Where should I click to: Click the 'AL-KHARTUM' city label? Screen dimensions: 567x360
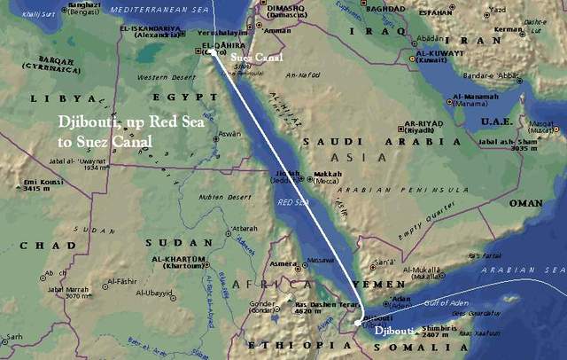[x=178, y=260]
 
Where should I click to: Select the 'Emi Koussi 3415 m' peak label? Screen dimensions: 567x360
[x=35, y=184]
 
